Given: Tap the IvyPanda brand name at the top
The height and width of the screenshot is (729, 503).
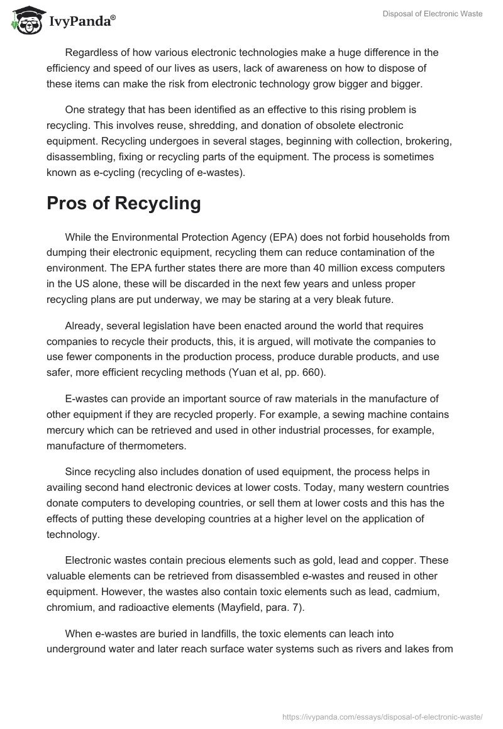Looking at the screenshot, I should click(82, 22).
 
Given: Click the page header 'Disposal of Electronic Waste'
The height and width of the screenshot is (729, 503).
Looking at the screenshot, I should click(432, 14).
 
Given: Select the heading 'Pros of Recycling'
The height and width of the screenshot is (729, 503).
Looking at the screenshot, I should click(124, 203).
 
